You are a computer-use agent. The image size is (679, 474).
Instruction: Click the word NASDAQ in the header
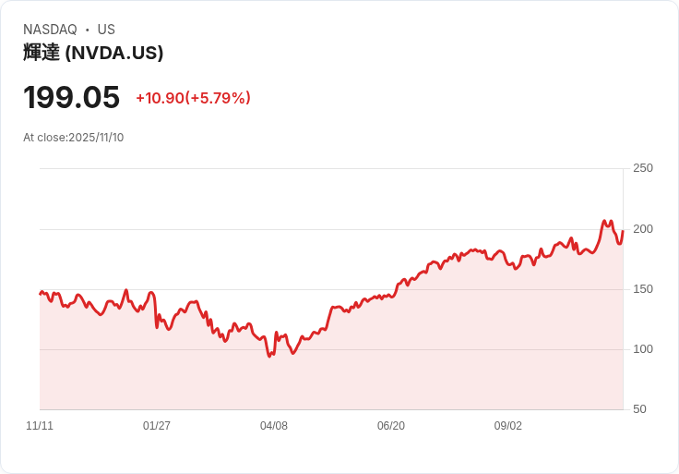point(50,30)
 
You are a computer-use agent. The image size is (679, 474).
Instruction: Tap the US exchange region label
point(106,30)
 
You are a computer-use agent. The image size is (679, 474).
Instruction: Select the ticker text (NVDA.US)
point(114,53)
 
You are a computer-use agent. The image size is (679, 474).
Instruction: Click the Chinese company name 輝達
point(42,53)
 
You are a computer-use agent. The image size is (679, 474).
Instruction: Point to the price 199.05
point(72,97)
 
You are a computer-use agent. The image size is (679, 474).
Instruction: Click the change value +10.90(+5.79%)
point(193,98)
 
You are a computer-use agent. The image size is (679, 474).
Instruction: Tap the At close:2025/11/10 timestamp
point(74,138)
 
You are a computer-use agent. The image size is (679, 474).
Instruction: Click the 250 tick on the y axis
point(643,168)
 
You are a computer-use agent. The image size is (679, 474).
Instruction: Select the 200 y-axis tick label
point(643,229)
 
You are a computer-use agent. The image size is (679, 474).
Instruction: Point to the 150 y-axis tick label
point(643,289)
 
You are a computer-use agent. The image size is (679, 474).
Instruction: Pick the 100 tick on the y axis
point(643,349)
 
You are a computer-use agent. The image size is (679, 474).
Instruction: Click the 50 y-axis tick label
point(639,409)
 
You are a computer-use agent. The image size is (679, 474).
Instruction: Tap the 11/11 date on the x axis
point(40,426)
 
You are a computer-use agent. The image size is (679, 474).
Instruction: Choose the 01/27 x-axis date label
point(157,426)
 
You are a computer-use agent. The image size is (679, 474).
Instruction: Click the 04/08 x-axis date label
point(274,426)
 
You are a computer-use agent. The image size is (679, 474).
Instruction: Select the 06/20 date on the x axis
point(391,426)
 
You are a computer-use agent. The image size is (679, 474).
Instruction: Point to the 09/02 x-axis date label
point(508,426)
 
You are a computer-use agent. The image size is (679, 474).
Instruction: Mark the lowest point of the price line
point(269,357)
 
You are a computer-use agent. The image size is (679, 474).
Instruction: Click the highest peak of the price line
point(604,221)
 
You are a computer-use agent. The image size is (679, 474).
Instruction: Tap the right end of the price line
point(623,231)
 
